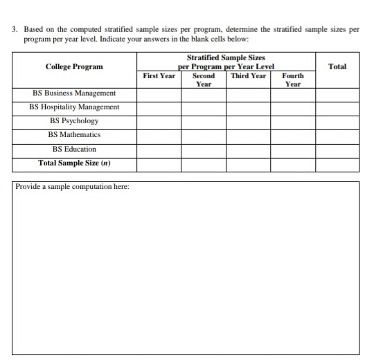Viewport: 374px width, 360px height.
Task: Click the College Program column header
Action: (x=74, y=66)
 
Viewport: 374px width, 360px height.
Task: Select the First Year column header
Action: (x=159, y=75)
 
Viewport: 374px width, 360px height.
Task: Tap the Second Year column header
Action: (x=203, y=79)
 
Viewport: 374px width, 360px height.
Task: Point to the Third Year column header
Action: (x=248, y=75)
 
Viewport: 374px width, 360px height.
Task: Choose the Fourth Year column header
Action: (x=293, y=79)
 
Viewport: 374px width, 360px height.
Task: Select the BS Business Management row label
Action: (x=74, y=93)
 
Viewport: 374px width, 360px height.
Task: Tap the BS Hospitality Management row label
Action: (x=74, y=107)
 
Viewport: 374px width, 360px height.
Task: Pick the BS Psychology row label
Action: (x=74, y=121)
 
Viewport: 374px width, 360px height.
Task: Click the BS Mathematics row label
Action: (x=74, y=135)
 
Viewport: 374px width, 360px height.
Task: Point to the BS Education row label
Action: (x=74, y=150)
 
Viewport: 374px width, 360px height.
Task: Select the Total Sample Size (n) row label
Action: (x=74, y=164)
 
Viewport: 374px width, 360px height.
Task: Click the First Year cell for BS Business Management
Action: (x=159, y=93)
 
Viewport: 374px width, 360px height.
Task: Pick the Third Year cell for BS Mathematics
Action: (x=248, y=135)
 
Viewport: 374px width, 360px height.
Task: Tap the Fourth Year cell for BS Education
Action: (x=293, y=150)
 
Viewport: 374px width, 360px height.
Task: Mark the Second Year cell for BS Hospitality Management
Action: (x=203, y=107)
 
